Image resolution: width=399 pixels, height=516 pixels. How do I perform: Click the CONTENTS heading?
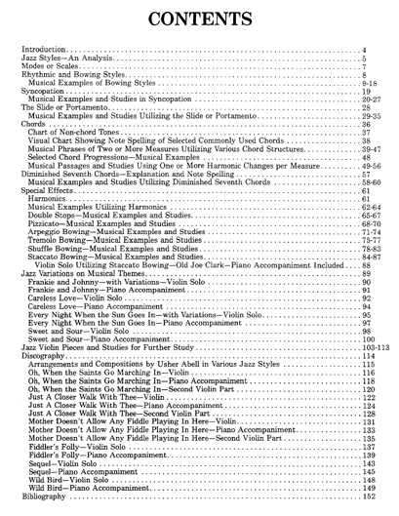pyautogui.click(x=199, y=19)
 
